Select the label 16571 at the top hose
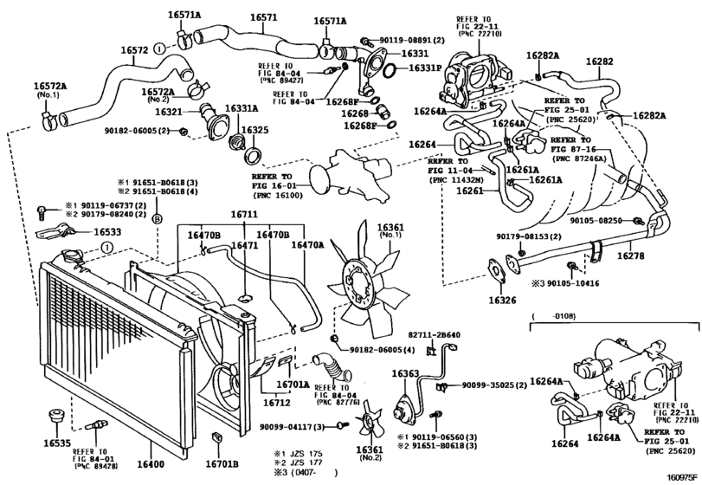[263, 17]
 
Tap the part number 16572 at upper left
[134, 51]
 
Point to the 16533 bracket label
[107, 232]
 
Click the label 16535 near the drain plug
[58, 443]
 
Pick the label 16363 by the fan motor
[405, 373]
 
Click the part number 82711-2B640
[434, 335]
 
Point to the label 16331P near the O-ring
[425, 67]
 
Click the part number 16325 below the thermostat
[254, 130]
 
